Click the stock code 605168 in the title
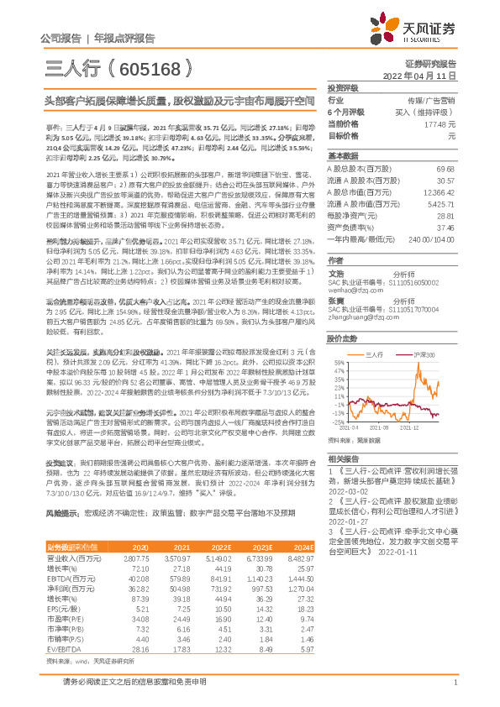[x=153, y=69]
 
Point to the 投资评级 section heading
[x=344, y=87]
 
